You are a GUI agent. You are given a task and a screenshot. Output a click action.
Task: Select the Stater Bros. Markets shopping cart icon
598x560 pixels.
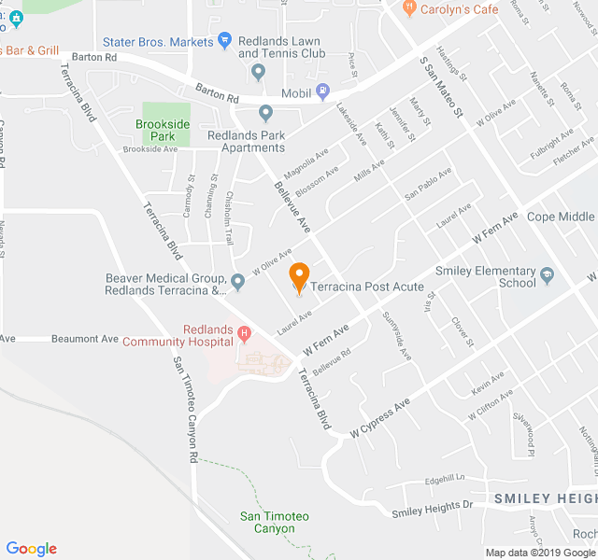point(224,40)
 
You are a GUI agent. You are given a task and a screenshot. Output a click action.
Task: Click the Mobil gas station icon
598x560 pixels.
point(323,91)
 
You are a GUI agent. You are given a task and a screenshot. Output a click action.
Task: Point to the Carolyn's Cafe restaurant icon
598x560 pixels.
point(408,8)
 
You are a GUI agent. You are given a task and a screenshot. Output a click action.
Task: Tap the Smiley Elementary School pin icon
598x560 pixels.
point(548,275)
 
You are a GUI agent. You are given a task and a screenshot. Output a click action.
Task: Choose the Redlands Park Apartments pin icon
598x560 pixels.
point(266,114)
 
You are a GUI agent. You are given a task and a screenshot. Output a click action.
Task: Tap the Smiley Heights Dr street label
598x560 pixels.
point(433,509)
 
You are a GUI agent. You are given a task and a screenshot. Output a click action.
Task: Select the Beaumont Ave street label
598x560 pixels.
point(85,339)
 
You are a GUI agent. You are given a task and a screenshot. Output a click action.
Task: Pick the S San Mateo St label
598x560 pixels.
point(441,84)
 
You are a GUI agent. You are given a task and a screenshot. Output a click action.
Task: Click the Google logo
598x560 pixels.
point(31,549)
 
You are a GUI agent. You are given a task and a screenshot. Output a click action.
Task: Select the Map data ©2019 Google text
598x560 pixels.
point(539,552)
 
